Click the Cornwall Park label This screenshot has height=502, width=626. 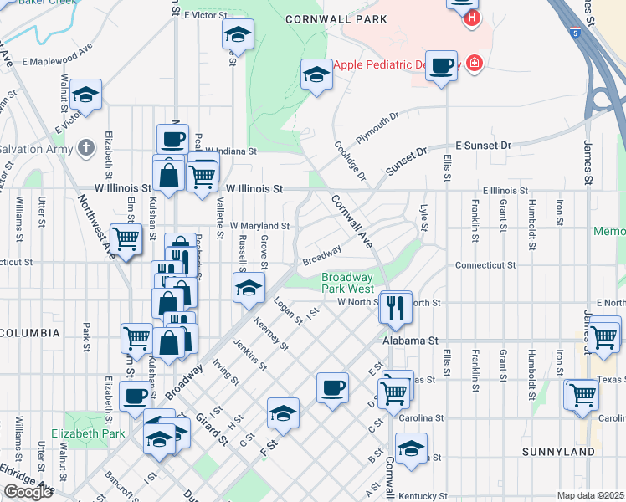click(336, 18)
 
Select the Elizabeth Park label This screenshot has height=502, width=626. click(88, 433)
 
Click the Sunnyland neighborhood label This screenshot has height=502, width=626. click(557, 452)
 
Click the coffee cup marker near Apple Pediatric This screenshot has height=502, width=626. click(441, 64)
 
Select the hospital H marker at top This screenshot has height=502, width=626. click(472, 16)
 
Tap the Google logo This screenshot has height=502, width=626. click(28, 492)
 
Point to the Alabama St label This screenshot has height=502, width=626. click(410, 341)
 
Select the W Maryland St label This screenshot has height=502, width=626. click(259, 226)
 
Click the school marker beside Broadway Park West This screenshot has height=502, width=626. click(249, 289)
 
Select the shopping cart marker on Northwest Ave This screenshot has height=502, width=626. click(126, 239)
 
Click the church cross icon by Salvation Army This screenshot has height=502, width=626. click(85, 149)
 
